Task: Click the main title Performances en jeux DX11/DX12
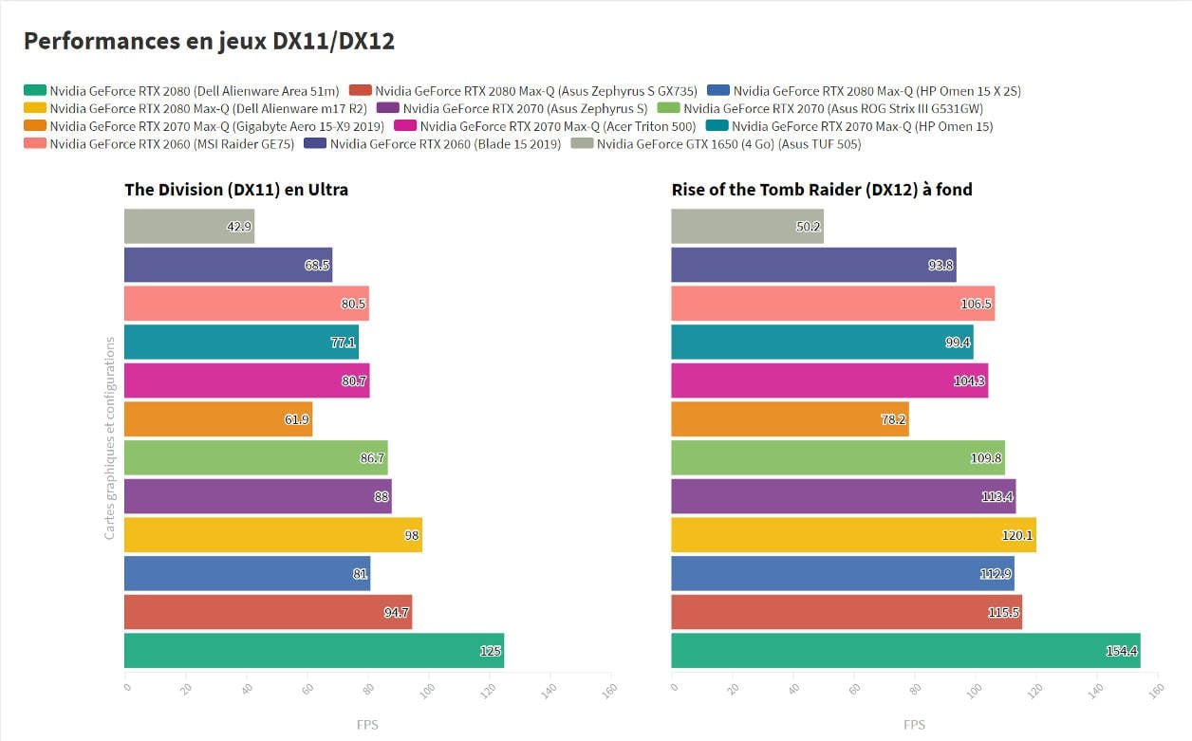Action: click(208, 41)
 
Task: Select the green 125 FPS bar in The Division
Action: click(313, 651)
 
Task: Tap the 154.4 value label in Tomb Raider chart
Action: click(1122, 651)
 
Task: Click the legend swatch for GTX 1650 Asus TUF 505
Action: click(583, 144)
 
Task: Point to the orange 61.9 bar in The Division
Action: click(218, 419)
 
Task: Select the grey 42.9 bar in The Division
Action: click(189, 227)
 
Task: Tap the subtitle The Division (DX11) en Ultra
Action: click(236, 190)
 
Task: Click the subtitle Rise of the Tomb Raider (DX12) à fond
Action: click(822, 190)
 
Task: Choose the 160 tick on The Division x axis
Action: click(609, 690)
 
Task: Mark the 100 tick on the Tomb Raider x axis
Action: click(974, 690)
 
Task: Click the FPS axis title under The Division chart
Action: click(366, 725)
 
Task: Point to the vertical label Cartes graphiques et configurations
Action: click(110, 438)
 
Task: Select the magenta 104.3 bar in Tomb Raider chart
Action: click(829, 380)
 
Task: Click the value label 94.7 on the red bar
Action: click(396, 613)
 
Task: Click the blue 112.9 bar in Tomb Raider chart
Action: click(842, 574)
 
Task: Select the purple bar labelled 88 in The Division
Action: click(257, 496)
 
